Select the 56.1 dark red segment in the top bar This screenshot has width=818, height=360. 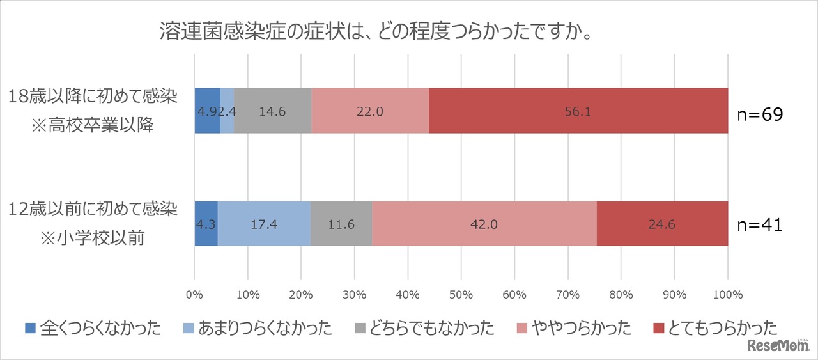578,111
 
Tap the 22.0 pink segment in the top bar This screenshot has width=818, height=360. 370,111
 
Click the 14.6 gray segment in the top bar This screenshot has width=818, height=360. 272,111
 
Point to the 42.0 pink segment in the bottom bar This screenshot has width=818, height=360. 484,224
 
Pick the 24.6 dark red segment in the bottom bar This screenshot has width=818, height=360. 662,224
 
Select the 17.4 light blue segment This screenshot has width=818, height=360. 264,224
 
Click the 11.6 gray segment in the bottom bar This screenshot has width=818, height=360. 341,224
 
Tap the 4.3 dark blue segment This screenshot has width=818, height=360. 206,224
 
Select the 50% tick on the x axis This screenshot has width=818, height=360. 461,295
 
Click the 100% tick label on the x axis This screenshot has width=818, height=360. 727,295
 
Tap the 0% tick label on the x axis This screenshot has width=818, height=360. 194,295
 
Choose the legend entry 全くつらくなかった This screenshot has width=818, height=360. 93,329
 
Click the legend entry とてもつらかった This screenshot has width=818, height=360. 716,329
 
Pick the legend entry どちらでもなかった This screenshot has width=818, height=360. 424,329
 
